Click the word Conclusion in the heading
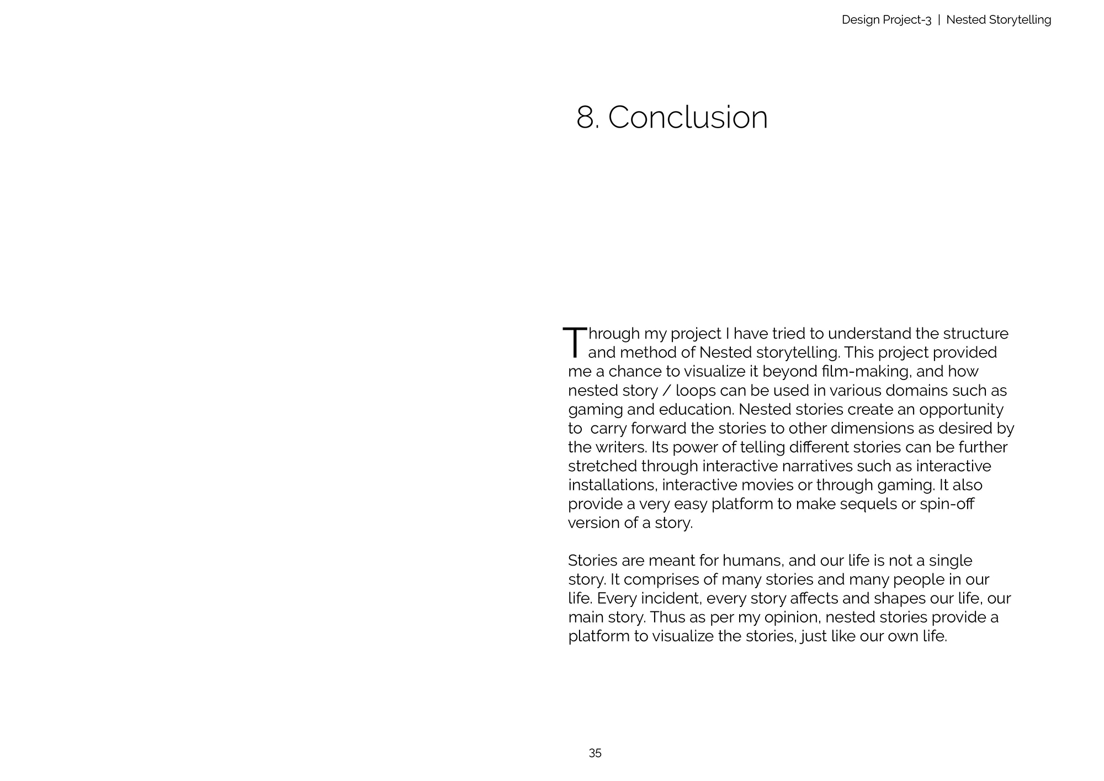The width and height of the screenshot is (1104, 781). tap(688, 118)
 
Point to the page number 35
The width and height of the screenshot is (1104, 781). tap(595, 753)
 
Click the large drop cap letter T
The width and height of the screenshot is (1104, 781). tap(575, 342)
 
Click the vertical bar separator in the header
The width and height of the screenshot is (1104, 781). tap(939, 20)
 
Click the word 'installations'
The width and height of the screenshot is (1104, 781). tap(612, 485)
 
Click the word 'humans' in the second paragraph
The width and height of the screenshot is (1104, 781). tap(752, 561)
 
